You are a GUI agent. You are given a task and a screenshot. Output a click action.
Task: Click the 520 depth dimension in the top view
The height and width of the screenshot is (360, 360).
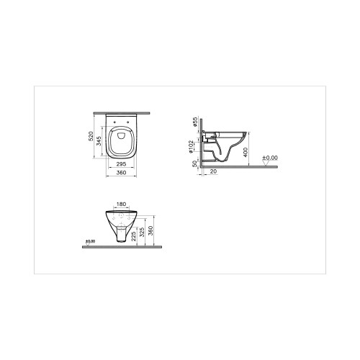click(x=91, y=136)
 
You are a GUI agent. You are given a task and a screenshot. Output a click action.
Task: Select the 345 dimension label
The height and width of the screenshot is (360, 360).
click(x=99, y=141)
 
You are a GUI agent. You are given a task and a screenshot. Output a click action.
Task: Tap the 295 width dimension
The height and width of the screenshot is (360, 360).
click(x=121, y=164)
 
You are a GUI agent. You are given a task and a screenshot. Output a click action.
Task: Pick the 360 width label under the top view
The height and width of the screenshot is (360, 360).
click(x=121, y=173)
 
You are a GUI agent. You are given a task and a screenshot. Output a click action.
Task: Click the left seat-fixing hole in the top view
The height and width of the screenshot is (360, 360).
click(x=114, y=122)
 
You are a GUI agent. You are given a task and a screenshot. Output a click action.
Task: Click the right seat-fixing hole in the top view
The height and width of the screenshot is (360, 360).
click(x=128, y=122)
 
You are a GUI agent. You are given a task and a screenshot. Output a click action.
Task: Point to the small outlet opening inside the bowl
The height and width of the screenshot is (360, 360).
click(x=121, y=136)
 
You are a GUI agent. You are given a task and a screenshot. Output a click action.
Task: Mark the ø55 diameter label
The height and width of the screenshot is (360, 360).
click(x=194, y=122)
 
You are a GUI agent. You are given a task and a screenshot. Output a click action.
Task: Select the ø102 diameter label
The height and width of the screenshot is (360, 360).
click(x=191, y=147)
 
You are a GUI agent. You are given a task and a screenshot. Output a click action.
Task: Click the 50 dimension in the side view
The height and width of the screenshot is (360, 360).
click(x=194, y=163)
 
